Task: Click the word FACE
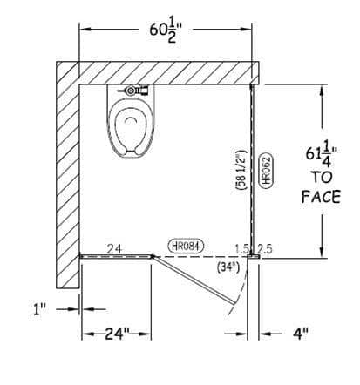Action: coord(321,197)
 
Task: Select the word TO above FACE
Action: coord(322,177)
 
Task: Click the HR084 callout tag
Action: coord(186,246)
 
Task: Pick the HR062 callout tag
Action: coord(266,171)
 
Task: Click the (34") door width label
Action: coord(228,267)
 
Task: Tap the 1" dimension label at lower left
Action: coord(38,309)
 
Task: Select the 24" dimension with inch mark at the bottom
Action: coord(117,334)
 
